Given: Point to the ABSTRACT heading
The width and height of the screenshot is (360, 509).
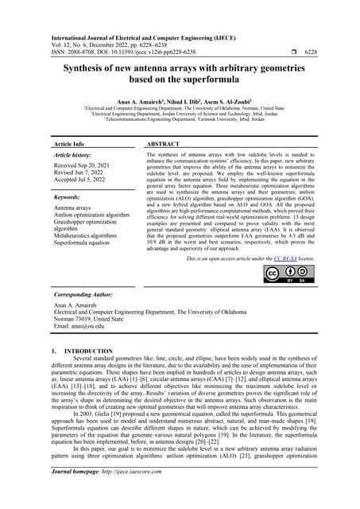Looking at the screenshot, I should pos(165,145).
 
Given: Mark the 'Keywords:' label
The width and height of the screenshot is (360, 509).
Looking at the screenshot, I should pos(70,196).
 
